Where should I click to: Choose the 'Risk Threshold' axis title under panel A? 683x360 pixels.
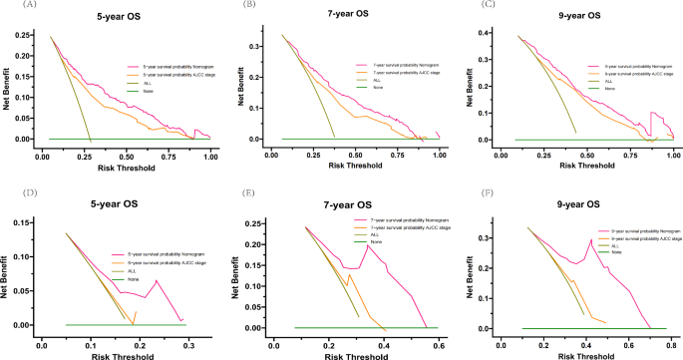coord(127,166)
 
